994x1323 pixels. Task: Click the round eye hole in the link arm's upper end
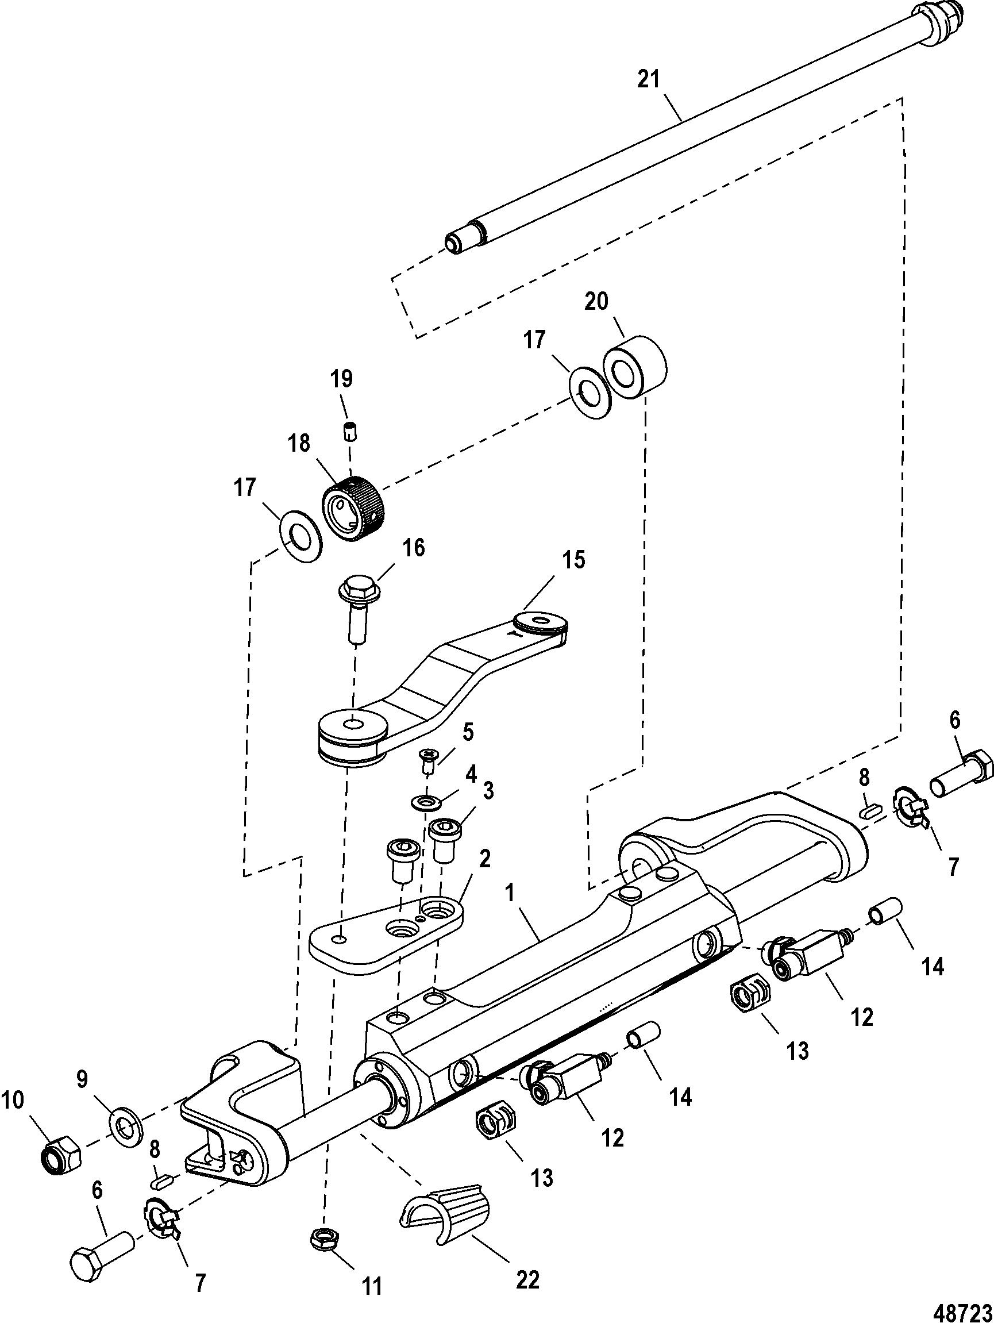(542, 620)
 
